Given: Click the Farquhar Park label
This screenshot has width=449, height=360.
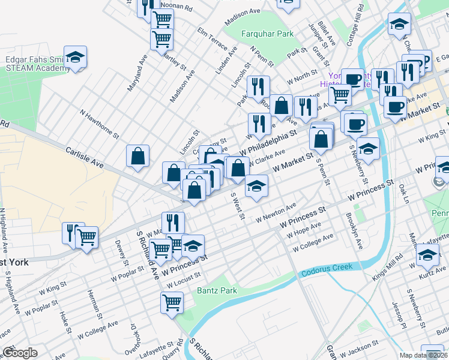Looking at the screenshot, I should point(267,34).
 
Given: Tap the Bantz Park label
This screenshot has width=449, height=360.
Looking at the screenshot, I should point(217,291).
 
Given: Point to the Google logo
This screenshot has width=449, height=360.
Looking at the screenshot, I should point(19,353).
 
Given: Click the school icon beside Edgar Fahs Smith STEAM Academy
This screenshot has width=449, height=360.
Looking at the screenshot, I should point(76,58).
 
